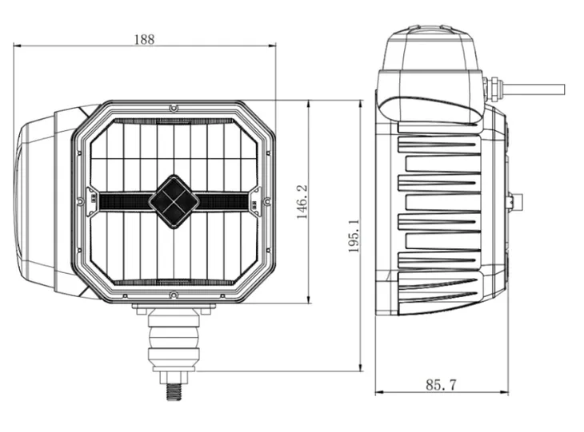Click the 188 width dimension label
coord(144,39)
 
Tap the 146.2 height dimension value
coord(302,202)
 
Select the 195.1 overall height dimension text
coord(354,236)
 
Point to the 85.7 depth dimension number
coord(441,385)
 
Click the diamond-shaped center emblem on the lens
coord(174,201)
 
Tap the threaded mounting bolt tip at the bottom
coord(174,392)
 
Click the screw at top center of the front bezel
coord(174,109)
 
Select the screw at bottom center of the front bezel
coord(174,295)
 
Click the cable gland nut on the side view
coord(494,89)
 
